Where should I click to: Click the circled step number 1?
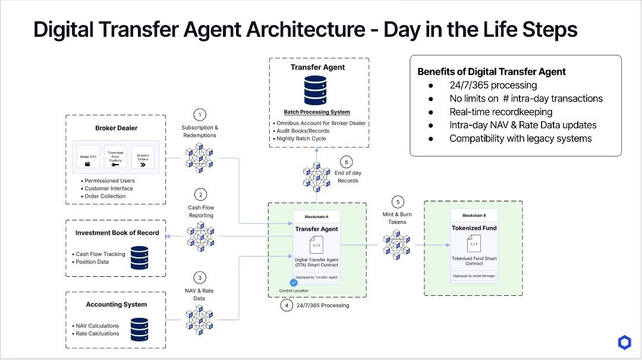[x=200, y=114]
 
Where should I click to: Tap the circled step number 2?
[x=200, y=194]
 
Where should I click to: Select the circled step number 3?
[x=200, y=277]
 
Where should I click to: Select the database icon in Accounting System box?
[x=139, y=327]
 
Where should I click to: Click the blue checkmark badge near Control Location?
[x=293, y=283]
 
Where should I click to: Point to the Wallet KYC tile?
[x=88, y=159]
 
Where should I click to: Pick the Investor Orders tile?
[x=142, y=159]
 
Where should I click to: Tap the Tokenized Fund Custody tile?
[x=115, y=159]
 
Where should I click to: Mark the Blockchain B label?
[x=473, y=215]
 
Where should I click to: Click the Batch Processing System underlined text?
[x=317, y=112]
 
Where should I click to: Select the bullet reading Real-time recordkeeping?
[x=501, y=112]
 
